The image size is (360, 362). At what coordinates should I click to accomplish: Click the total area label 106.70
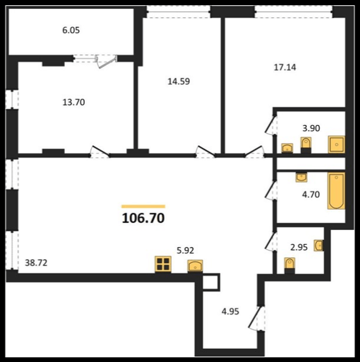click(143, 218)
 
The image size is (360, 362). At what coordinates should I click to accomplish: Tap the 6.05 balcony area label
click(71, 30)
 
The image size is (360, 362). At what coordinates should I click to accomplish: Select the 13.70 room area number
click(74, 102)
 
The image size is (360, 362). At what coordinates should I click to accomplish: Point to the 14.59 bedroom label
click(179, 82)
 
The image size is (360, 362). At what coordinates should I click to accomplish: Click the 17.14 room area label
click(285, 67)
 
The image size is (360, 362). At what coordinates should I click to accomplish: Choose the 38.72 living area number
click(36, 263)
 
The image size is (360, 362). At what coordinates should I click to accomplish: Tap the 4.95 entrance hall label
click(230, 312)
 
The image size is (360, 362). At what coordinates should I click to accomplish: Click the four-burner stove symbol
click(163, 264)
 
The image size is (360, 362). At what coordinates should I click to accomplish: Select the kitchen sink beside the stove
click(195, 266)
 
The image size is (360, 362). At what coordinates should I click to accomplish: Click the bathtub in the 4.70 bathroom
click(337, 191)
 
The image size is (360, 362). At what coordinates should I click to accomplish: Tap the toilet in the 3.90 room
click(306, 145)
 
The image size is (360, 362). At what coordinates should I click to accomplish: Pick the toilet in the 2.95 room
click(289, 266)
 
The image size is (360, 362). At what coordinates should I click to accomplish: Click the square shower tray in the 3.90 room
click(337, 145)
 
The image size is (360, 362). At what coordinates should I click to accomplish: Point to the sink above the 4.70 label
click(302, 177)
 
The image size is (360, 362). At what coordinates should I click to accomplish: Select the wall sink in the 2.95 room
click(319, 245)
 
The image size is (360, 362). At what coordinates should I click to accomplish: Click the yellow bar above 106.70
click(143, 206)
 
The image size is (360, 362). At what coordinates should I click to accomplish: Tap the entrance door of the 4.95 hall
click(257, 318)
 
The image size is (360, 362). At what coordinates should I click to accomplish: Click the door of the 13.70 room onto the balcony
click(106, 61)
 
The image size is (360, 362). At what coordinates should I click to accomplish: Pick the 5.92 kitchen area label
click(185, 250)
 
